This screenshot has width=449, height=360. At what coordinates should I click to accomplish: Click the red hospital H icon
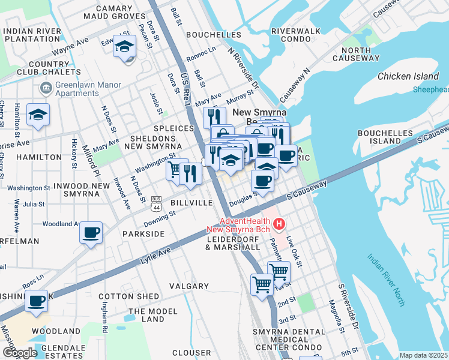point(279,225)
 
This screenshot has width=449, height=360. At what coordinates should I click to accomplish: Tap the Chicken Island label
point(408,76)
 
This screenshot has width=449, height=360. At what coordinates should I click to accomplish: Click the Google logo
point(20,352)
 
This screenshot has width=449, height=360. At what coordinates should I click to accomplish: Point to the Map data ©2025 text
point(424,355)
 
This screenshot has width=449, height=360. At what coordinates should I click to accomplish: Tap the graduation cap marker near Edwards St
point(125,46)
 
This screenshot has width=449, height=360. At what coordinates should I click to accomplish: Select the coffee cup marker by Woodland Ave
point(91,233)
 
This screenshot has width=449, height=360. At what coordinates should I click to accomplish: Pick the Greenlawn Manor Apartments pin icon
point(46,89)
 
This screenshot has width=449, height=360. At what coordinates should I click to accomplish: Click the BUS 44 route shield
point(157,203)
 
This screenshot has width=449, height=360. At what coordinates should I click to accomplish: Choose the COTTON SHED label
point(129,296)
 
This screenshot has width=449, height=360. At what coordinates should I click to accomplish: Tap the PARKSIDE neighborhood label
point(143,233)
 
